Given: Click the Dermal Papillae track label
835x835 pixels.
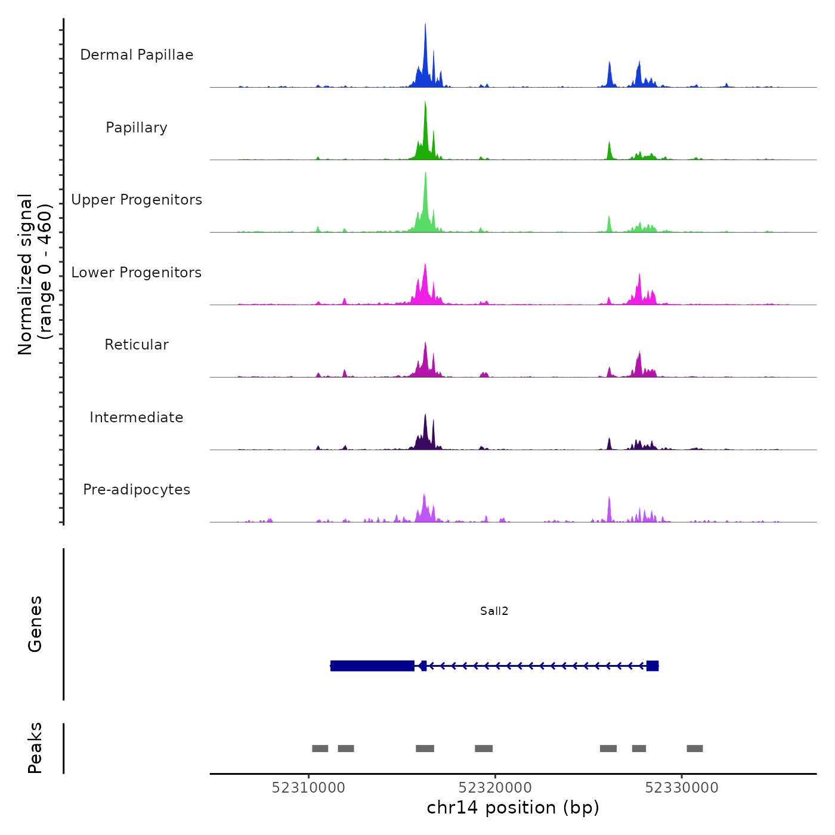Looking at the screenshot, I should click(137, 55).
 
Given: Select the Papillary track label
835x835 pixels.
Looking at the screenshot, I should click(137, 128).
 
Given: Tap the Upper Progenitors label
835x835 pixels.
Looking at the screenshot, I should click(137, 200).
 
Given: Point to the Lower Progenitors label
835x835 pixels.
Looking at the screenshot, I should click(137, 273).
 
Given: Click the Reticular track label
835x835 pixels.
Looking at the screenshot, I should click(137, 345).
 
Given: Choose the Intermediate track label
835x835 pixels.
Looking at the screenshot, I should click(137, 417).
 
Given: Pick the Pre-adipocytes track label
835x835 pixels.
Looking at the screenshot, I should click(137, 490).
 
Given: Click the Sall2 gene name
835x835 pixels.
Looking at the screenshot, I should click(494, 611).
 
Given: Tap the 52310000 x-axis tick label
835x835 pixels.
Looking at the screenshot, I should click(308, 787).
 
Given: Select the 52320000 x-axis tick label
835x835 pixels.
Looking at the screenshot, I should click(495, 787).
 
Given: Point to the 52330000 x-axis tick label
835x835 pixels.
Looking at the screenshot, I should click(682, 787).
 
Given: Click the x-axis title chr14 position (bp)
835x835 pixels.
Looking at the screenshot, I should click(513, 808).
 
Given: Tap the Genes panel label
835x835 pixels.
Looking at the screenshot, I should click(35, 624).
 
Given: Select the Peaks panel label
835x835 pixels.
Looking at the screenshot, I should click(35, 748).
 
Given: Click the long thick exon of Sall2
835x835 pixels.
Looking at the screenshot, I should click(372, 666).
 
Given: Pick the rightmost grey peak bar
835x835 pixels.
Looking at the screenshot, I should click(695, 749).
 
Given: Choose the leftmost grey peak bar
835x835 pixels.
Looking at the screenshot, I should click(320, 749).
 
